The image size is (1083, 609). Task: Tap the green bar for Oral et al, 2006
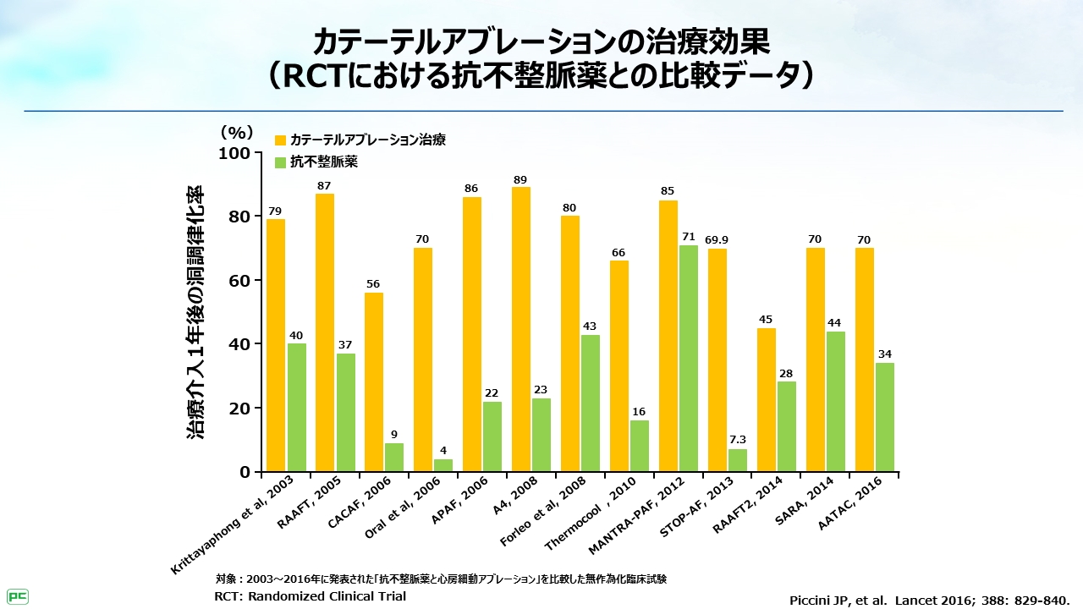point(443,465)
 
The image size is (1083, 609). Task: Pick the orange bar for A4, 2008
point(521,329)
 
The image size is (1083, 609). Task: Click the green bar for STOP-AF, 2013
point(738,460)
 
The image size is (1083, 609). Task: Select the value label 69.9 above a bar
point(717,240)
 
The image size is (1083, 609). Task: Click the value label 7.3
point(738,440)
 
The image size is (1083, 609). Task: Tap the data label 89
point(521,179)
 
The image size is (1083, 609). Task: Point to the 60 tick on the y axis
point(239,281)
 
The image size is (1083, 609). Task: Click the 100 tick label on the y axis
point(235,153)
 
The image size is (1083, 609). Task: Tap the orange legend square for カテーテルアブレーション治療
point(281,140)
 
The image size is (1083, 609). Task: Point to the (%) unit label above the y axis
point(237,132)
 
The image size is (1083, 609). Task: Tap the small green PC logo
point(17,596)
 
